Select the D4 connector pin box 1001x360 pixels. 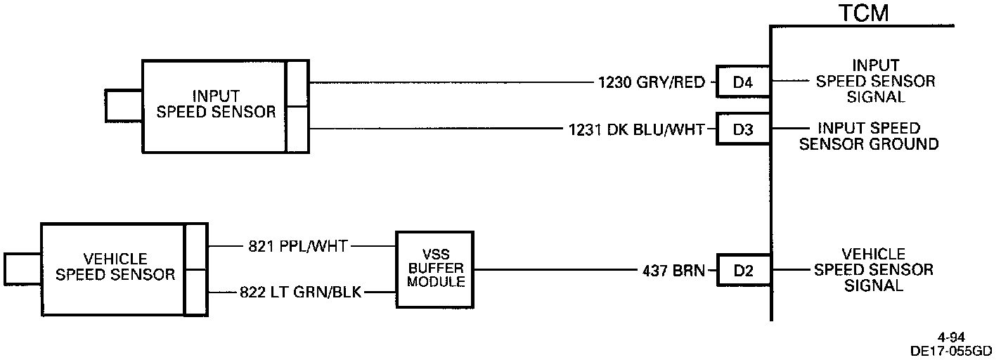coord(742,83)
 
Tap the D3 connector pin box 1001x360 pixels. coord(742,129)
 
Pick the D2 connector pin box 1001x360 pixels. coord(742,270)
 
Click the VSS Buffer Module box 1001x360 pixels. coord(434,269)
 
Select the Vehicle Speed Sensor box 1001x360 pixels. coord(113,269)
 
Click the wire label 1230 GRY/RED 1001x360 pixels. coord(651,83)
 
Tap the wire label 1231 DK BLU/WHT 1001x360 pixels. coord(637,129)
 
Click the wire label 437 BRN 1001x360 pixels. coord(673,270)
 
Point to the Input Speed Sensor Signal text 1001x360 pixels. coord(875,82)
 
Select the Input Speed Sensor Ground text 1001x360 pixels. coord(878,136)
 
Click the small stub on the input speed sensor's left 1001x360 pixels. coord(124,106)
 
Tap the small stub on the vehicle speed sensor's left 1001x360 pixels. coord(22,269)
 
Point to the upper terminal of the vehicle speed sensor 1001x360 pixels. coord(195,247)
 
